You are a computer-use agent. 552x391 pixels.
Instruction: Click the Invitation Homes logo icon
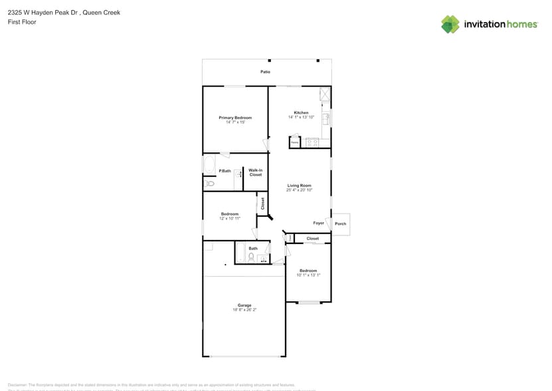[450, 24]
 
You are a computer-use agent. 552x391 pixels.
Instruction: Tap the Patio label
[265, 72]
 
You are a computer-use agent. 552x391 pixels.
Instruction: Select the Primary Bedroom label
[235, 118]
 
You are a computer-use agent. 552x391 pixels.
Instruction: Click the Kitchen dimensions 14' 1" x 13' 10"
[301, 118]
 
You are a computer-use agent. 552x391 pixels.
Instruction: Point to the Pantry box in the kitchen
[294, 142]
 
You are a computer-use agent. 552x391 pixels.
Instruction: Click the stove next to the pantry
[312, 142]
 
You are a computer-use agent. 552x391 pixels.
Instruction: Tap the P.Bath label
[225, 172]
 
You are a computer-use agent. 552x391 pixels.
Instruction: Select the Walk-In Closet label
[256, 172]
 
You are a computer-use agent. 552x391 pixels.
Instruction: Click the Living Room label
[299, 186]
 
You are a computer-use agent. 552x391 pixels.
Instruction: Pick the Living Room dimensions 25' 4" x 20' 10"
[299, 190]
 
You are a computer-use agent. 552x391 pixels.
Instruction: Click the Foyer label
[319, 223]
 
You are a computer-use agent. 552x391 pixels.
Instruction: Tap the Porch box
[341, 224]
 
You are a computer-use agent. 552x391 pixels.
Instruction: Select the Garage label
[244, 305]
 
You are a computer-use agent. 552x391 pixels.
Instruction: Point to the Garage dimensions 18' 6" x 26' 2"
[244, 310]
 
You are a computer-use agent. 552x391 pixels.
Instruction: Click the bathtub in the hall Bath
[240, 253]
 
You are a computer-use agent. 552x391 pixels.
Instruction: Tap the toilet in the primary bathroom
[209, 183]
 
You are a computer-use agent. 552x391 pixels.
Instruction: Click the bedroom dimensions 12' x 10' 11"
[229, 218]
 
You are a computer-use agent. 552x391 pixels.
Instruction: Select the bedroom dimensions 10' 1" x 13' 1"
[308, 275]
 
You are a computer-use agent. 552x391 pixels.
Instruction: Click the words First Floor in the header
[22, 22]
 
